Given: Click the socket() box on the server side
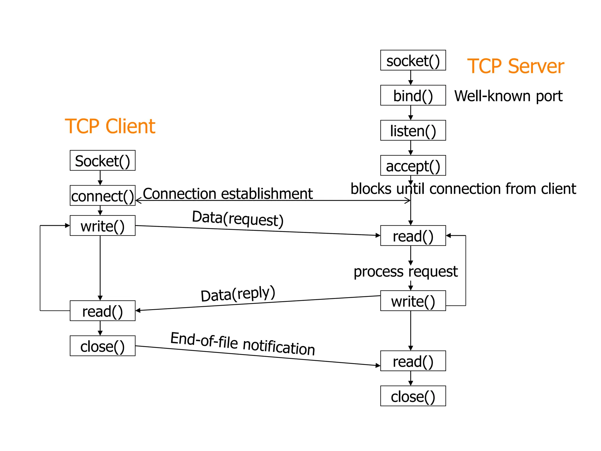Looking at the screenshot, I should (413, 60).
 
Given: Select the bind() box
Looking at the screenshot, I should (413, 95).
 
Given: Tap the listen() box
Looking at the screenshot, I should (413, 130).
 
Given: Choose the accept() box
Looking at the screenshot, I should (413, 166).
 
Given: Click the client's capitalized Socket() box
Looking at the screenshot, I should (102, 160).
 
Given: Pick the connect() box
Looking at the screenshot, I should (102, 196).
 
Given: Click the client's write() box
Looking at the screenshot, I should (102, 225).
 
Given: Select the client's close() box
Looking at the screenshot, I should (102, 346).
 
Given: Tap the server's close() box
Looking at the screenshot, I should (413, 396).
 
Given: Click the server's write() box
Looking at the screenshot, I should (413, 301).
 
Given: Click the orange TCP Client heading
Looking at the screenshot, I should (110, 126).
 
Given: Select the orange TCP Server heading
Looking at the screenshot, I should (515, 66).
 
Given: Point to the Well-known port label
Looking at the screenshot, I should (508, 96).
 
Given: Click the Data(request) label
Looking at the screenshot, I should (238, 218).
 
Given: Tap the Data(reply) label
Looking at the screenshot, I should (238, 294).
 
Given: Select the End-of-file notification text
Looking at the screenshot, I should (243, 344).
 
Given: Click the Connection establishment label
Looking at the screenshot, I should (228, 193).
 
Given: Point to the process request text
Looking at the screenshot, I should (406, 271).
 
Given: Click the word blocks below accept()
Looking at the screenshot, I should (371, 189).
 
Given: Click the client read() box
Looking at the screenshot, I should (102, 311).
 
